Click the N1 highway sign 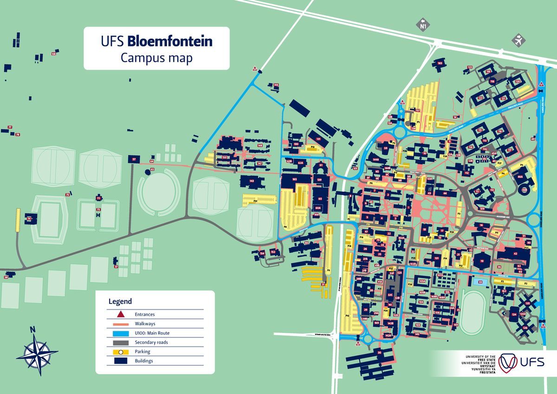[423, 24]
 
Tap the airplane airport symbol [518, 40]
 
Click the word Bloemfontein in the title [170, 41]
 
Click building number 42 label [515, 253]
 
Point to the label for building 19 [482, 261]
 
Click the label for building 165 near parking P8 [294, 179]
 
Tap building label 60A [318, 208]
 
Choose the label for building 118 [492, 82]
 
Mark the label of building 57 [134, 159]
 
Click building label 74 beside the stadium [29, 218]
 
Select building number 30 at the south [379, 353]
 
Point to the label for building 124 [514, 315]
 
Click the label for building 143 [252, 181]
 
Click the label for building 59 [385, 149]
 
